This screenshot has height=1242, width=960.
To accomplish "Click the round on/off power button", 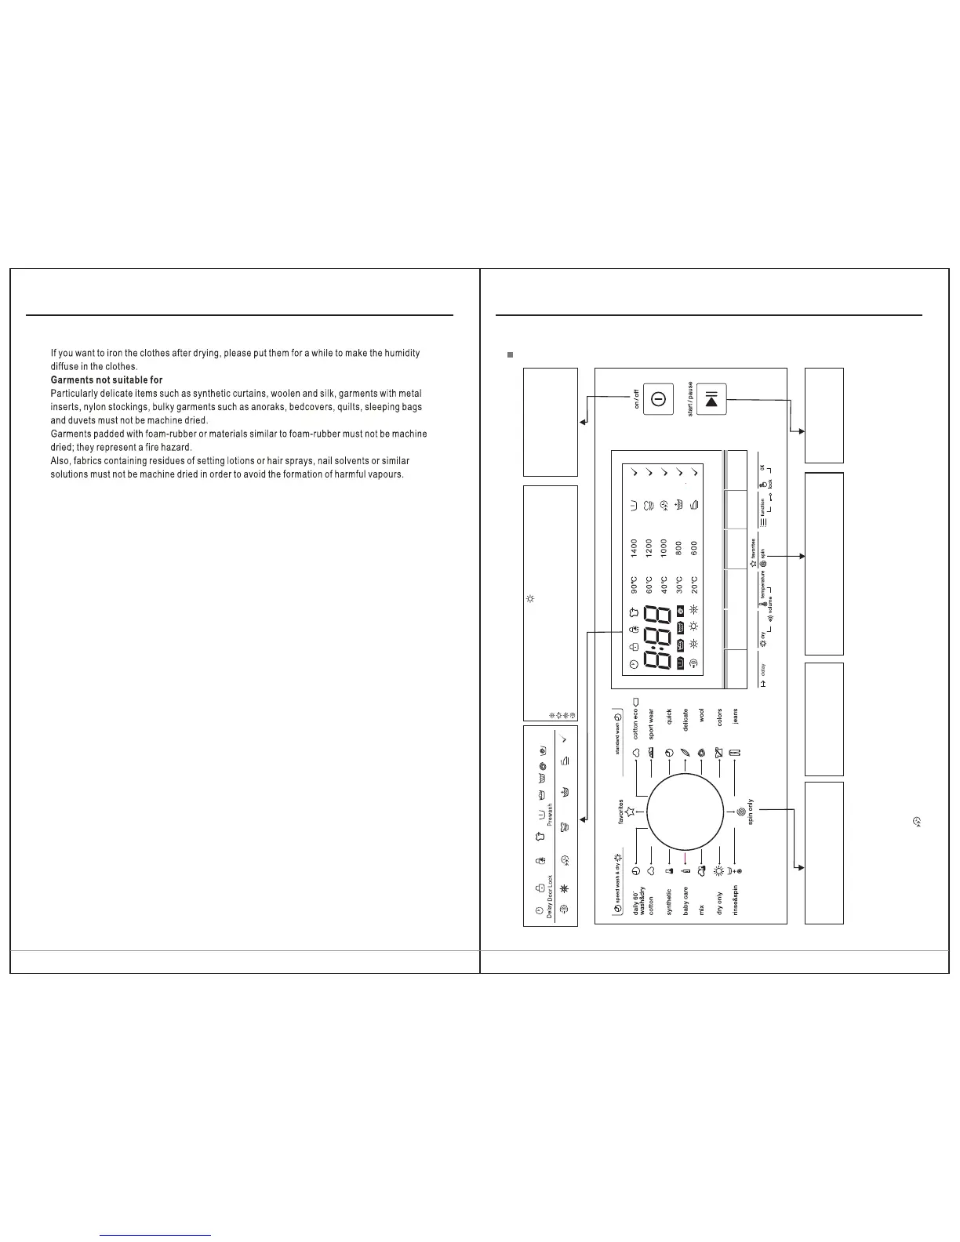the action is pyautogui.click(x=658, y=399).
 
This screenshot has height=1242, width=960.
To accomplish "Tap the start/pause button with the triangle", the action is pyautogui.click(x=711, y=399).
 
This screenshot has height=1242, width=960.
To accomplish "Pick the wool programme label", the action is pyautogui.click(x=702, y=716).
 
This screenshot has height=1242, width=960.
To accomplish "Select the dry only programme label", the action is pyautogui.click(x=719, y=904).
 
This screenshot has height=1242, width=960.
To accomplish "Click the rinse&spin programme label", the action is pyautogui.click(x=735, y=901).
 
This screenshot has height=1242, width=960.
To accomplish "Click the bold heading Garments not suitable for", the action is pyautogui.click(x=107, y=380).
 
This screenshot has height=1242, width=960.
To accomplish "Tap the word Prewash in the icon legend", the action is pyautogui.click(x=550, y=815).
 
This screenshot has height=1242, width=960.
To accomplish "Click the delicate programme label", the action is pyautogui.click(x=685, y=721).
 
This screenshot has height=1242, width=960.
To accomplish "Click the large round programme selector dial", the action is pyautogui.click(x=685, y=812).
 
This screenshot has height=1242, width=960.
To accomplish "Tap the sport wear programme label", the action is pyautogui.click(x=651, y=724).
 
